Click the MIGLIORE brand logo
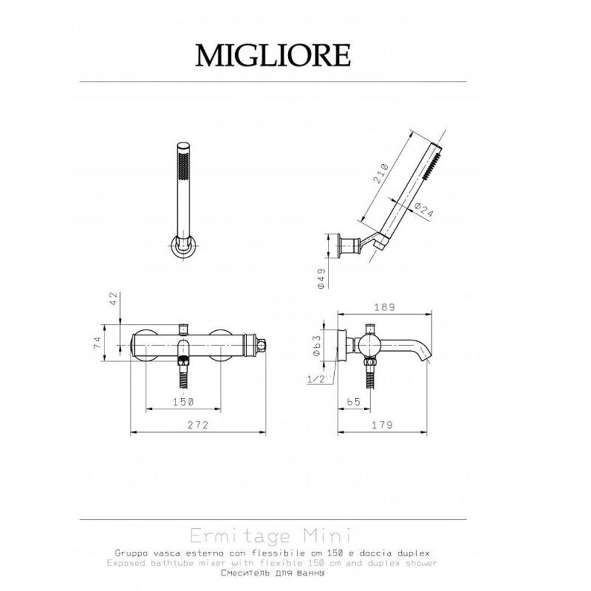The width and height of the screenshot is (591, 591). (273, 56)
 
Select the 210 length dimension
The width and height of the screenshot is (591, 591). (381, 173)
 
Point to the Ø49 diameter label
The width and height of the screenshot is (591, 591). (321, 278)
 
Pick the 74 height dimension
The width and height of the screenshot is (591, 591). (98, 342)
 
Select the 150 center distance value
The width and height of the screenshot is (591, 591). (183, 402)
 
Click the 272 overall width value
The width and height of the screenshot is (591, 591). (198, 425)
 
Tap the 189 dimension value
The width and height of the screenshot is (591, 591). (384, 307)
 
